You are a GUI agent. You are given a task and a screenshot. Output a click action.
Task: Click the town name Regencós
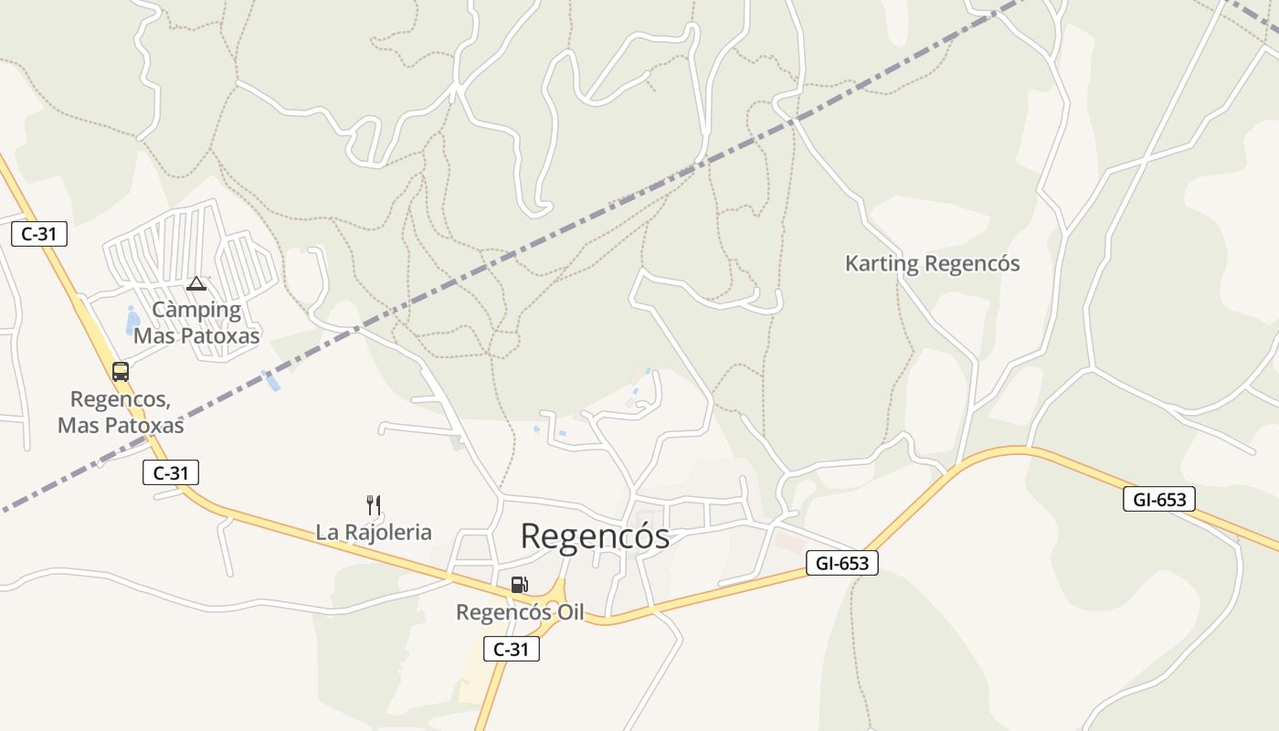[595, 537]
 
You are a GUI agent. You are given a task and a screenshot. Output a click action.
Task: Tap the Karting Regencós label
[932, 264]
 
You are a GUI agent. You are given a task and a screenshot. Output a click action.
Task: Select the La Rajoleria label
[374, 532]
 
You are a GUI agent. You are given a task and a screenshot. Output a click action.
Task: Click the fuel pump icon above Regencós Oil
[519, 585]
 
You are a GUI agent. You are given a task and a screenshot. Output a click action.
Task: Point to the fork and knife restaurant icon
[373, 504]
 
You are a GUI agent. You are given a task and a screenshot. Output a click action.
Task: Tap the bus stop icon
[121, 372]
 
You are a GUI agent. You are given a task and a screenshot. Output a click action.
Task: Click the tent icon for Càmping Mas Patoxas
[196, 283]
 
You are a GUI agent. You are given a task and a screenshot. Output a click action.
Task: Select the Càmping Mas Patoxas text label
[196, 323]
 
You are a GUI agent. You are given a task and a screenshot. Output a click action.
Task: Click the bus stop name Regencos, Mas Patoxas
[121, 412]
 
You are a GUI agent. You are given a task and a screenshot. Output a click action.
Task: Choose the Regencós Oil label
[520, 612]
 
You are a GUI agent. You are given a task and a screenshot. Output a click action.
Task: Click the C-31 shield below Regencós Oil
[511, 650]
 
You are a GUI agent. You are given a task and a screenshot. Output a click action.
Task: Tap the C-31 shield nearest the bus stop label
[171, 472]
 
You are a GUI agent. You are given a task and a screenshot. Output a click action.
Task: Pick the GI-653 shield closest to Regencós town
[841, 563]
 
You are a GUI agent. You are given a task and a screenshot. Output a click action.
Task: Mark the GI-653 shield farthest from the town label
[1158, 499]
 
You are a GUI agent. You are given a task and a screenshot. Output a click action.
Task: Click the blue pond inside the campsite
[132, 320]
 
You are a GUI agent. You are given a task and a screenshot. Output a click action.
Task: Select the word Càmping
[196, 310]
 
